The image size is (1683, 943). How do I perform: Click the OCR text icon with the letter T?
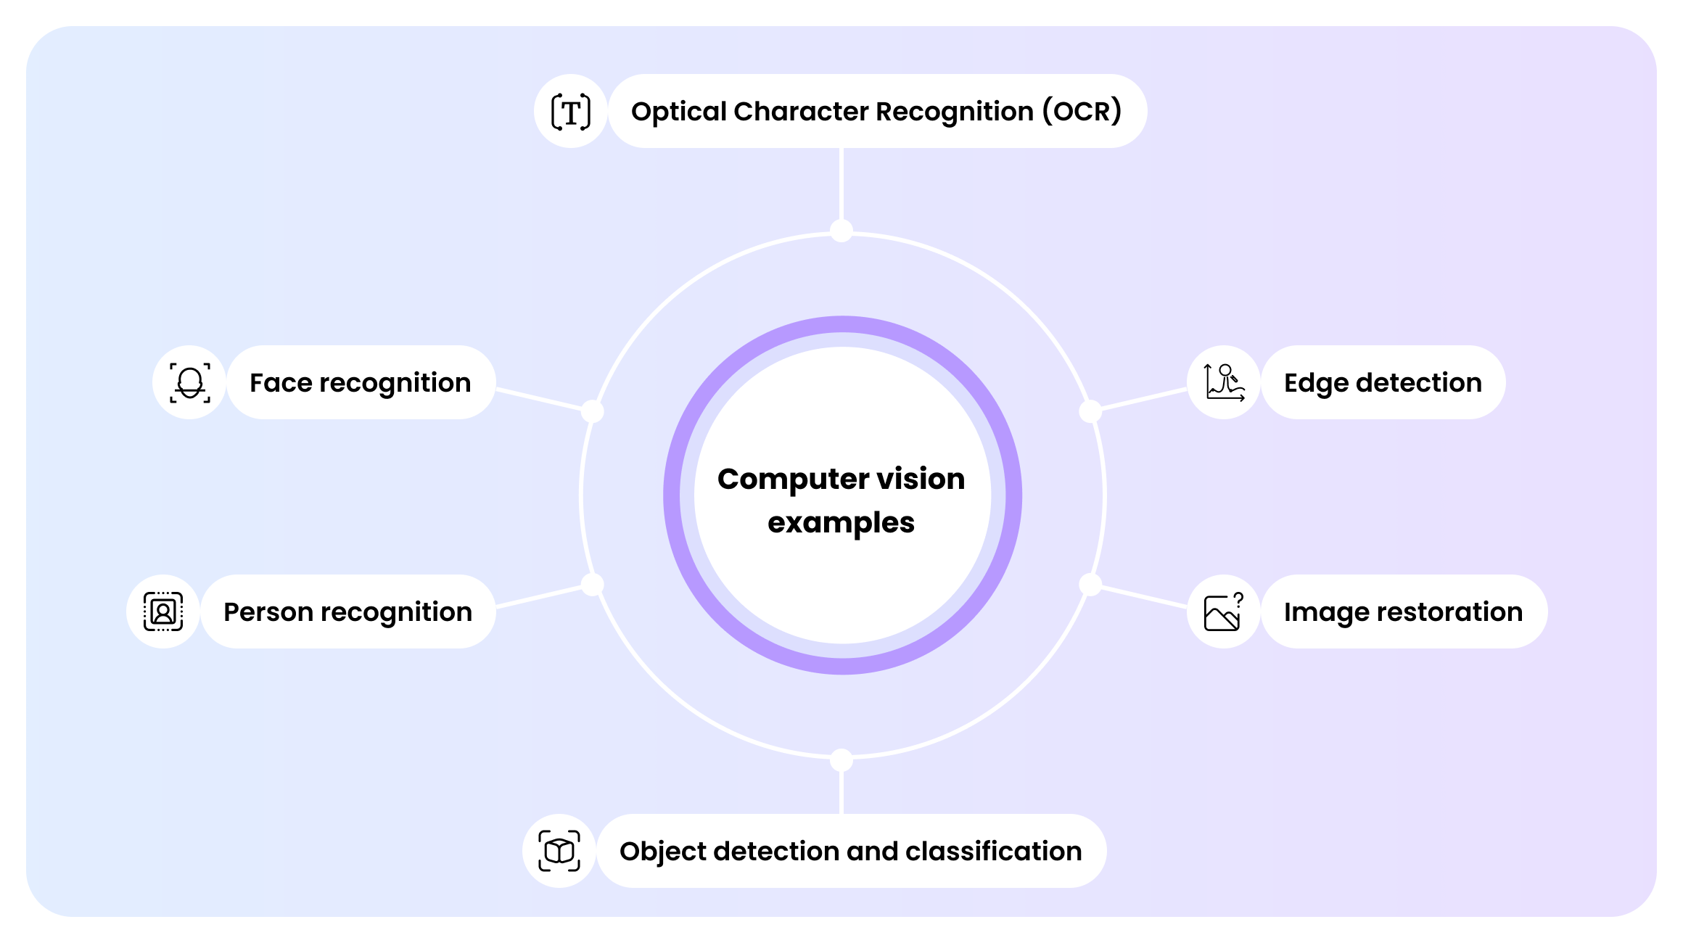coord(571,112)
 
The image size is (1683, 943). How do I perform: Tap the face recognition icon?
coord(190,382)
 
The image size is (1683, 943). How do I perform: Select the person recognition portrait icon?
coord(163,611)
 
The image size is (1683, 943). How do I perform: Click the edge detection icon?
coord(1224,382)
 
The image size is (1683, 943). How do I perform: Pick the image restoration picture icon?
coord(1224,611)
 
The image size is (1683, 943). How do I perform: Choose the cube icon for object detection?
coord(559,851)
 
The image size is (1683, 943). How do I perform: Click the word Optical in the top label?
coord(678,112)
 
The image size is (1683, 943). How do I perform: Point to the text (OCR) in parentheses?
coord(1082,112)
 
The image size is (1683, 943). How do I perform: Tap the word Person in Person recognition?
coord(268,612)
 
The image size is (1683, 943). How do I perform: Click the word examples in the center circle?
coord(841,523)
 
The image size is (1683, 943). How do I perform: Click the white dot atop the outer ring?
coord(841,231)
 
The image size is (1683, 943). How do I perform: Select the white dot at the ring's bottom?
coord(841,759)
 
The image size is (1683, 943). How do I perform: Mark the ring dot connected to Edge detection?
coord(1090,411)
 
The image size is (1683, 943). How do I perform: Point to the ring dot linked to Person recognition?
coord(593,585)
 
